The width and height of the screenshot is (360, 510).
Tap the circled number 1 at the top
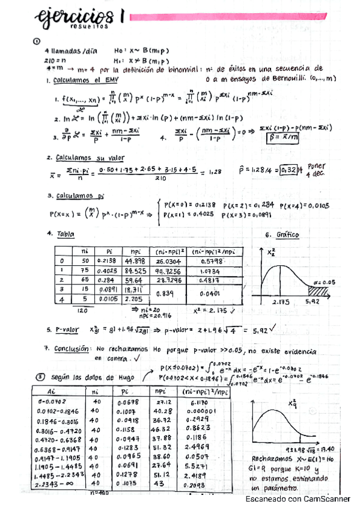(37, 41)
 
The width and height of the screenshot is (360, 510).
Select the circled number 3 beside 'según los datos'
(40, 377)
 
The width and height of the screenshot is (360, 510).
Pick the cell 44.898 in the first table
(135, 261)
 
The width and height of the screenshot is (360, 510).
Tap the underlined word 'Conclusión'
(72, 348)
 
